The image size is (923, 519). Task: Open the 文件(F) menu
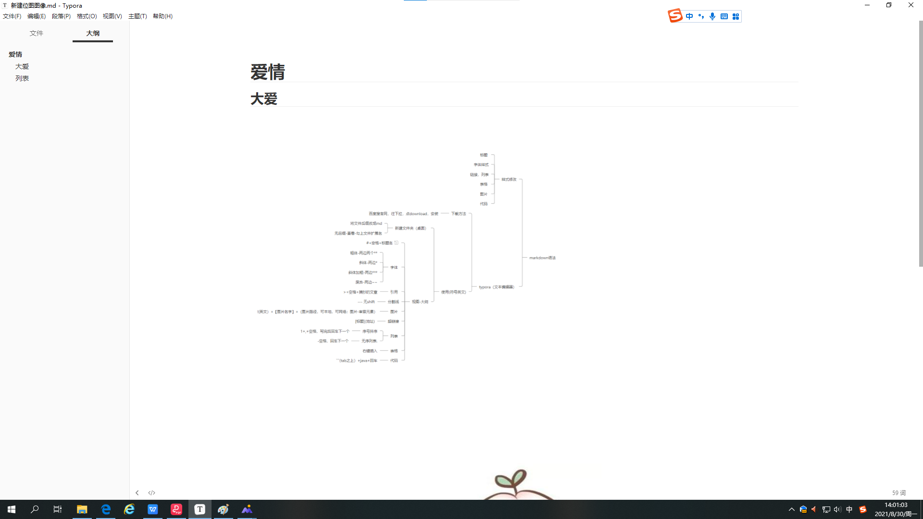(x=12, y=16)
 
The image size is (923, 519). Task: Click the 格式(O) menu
(x=87, y=16)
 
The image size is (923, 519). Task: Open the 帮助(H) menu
(x=162, y=16)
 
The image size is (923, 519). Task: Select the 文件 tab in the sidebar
(x=37, y=33)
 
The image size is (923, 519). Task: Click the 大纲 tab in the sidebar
(x=93, y=33)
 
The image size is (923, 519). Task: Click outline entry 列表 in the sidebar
(x=22, y=78)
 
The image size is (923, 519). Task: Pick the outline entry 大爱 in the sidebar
(x=22, y=66)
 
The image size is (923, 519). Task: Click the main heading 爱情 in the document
(x=268, y=72)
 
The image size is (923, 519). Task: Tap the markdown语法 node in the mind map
(x=542, y=258)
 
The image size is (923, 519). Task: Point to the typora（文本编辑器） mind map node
(x=497, y=287)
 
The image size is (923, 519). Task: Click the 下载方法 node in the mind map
(x=459, y=214)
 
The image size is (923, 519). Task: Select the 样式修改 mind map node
(x=509, y=179)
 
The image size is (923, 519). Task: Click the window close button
(x=911, y=5)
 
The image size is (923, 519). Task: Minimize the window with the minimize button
(x=867, y=5)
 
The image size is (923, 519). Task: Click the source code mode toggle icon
(x=152, y=493)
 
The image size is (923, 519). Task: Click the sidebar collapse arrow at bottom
(x=137, y=493)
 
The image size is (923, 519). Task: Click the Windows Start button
(x=12, y=509)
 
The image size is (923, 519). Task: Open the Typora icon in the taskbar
(x=200, y=509)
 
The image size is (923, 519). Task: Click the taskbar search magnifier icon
(x=35, y=509)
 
